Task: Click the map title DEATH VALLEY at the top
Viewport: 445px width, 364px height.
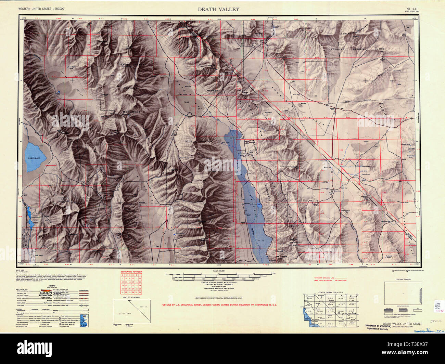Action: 218,9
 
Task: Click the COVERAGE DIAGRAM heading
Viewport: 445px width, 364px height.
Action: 402,279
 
